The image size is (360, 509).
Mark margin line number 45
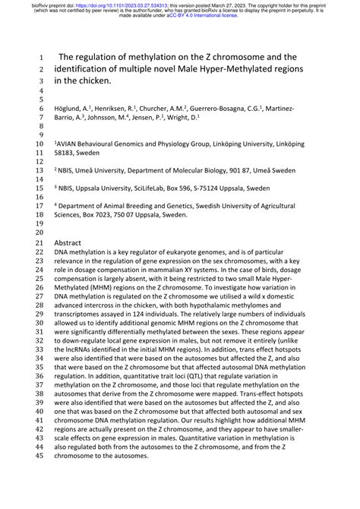click(40, 476)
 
